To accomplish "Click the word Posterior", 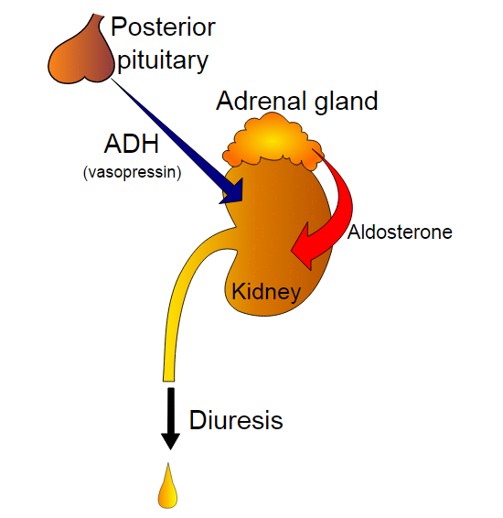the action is [163, 27].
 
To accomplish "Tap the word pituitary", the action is [163, 60].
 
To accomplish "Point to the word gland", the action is [346, 102].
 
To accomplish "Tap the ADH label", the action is [132, 144].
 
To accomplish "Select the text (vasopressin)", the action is [132, 172].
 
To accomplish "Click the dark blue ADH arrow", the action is [175, 139].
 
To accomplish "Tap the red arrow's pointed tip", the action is [291, 251].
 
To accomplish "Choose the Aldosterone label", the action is [400, 232].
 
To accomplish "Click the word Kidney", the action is [266, 291].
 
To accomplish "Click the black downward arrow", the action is [170, 418].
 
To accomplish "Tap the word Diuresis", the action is [236, 420].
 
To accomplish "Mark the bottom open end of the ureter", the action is [168, 381].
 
